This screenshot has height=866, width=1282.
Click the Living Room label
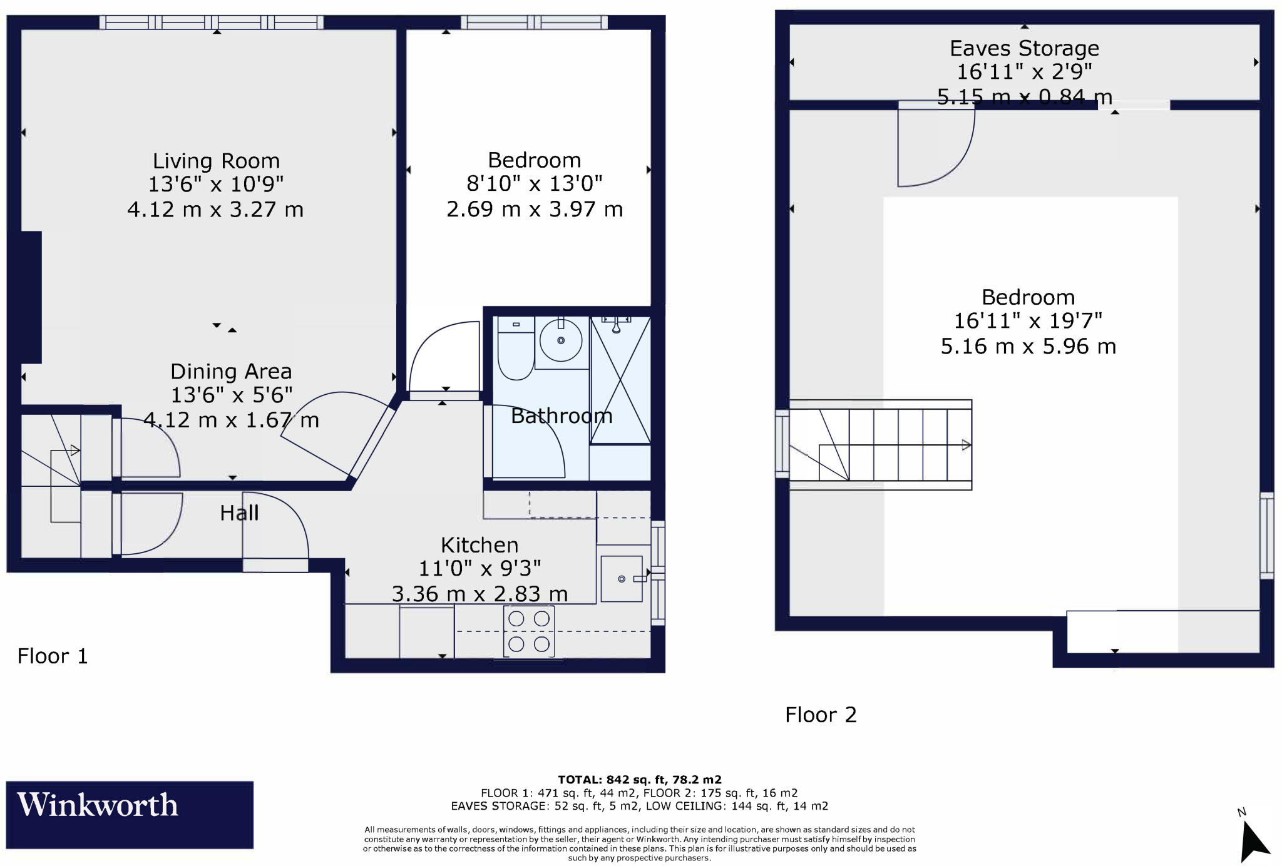click(216, 161)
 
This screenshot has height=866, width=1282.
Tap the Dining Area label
click(231, 372)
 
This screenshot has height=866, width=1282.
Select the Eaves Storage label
click(1024, 49)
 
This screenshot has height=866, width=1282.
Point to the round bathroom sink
click(561, 341)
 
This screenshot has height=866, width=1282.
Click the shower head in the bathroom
click(617, 325)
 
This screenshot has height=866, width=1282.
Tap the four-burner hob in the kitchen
click(529, 631)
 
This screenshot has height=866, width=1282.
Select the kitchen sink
click(622, 579)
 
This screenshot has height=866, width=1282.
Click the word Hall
click(239, 514)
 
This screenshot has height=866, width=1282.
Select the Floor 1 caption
click(53, 656)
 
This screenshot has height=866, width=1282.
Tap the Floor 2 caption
click(821, 715)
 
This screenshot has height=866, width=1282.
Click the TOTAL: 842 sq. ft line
click(639, 780)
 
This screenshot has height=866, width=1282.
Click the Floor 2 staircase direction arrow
click(965, 446)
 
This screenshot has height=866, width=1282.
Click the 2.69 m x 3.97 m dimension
click(535, 209)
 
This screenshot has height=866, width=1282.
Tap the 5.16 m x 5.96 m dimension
click(1028, 347)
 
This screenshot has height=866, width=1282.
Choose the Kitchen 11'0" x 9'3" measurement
click(479, 569)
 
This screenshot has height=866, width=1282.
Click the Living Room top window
click(212, 23)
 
